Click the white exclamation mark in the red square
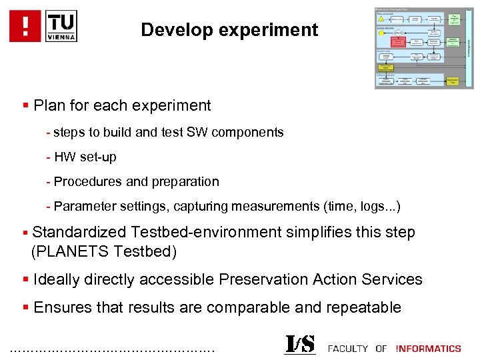pos(25,26)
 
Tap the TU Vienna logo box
pos(61,26)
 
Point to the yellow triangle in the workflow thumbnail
pos(381,18)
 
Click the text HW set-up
pos(85,157)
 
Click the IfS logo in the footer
pos(300,344)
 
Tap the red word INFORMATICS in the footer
pos(428,348)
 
